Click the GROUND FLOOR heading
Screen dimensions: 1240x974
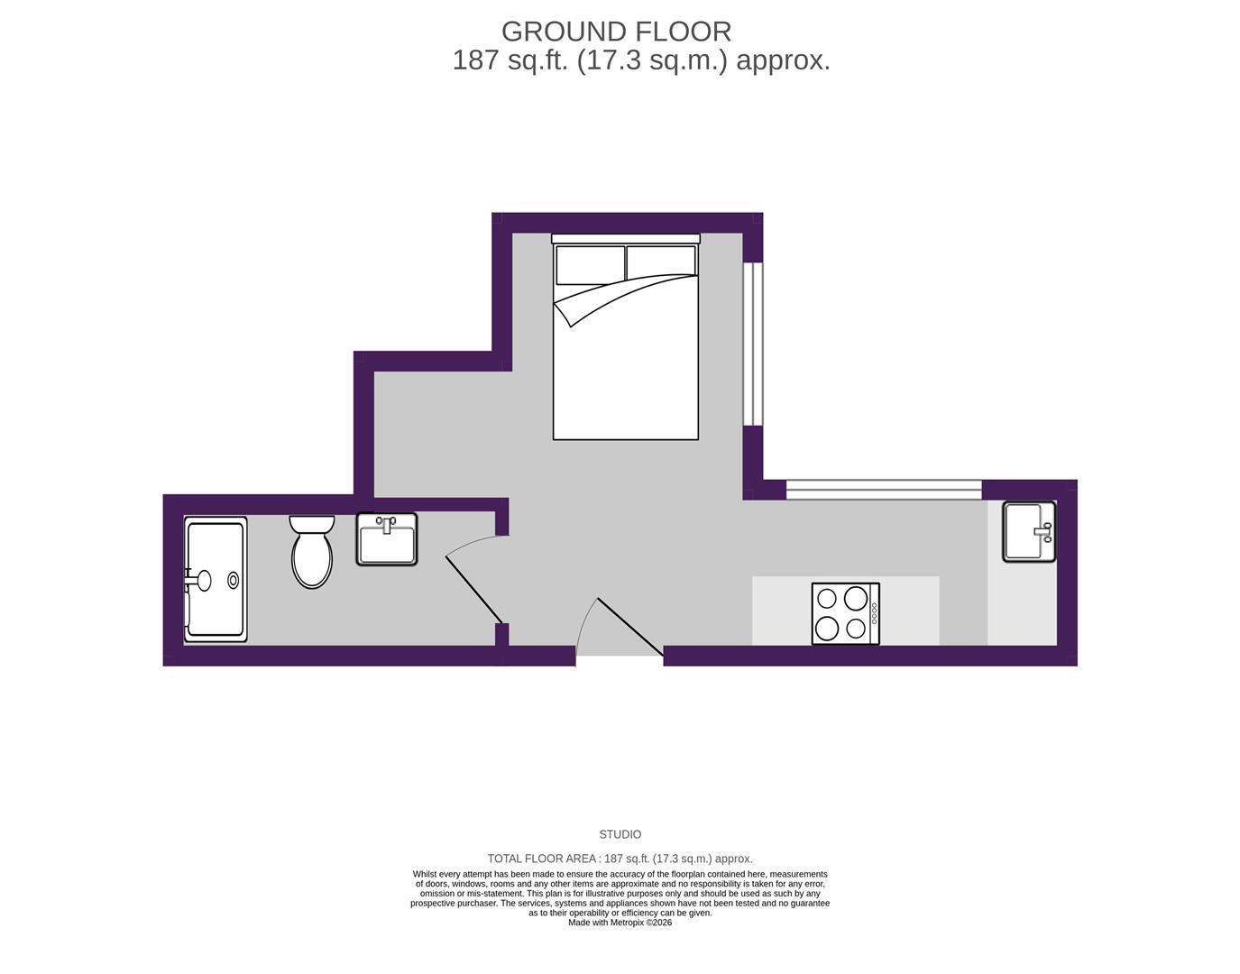click(x=616, y=32)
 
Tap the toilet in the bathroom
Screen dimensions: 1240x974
click(x=311, y=552)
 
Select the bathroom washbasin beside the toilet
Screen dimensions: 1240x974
click(x=387, y=539)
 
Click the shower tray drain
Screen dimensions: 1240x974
click(x=233, y=580)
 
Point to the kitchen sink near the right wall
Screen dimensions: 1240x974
click(x=1030, y=532)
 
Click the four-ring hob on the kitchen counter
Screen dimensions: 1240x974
click(x=846, y=614)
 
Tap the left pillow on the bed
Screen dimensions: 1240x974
click(x=590, y=265)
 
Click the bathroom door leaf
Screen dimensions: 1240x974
click(x=473, y=590)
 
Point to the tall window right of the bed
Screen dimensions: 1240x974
click(x=753, y=345)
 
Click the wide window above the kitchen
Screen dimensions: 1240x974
click(x=884, y=490)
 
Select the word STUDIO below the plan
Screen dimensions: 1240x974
click(x=620, y=834)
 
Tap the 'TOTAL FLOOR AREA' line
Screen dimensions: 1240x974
click(x=620, y=859)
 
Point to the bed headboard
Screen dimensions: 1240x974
click(x=626, y=238)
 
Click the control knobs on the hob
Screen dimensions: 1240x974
click(x=874, y=614)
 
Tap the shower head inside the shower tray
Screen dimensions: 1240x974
click(x=198, y=580)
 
